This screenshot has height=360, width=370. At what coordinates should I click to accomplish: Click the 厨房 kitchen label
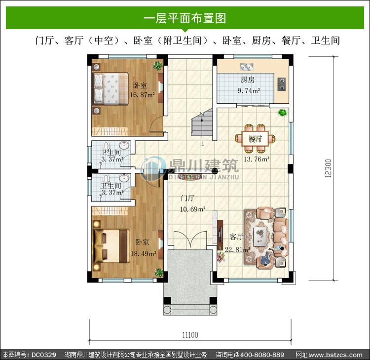point(248,80)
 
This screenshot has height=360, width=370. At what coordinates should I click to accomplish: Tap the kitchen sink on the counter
point(247,67)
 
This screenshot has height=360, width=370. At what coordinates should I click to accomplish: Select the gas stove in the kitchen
point(282,84)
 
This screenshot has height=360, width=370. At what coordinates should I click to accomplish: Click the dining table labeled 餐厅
point(255,139)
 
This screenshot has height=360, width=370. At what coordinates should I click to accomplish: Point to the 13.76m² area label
point(256,159)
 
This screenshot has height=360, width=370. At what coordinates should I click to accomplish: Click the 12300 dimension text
point(328,168)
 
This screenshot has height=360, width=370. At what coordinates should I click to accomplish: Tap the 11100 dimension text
point(190,335)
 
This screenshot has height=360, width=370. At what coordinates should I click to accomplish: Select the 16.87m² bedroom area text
point(142,95)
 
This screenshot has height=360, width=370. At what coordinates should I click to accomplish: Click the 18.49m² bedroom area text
point(143,254)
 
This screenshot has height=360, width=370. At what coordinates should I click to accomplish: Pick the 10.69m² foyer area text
point(192,209)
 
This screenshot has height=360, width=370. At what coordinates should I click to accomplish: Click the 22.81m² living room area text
point(237,249)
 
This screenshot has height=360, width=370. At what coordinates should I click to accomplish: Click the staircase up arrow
point(202,129)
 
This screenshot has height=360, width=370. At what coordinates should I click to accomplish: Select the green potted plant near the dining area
point(282,113)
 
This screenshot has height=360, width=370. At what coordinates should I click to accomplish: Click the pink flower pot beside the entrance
point(221,257)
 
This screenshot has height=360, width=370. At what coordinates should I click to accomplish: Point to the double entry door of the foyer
point(190,239)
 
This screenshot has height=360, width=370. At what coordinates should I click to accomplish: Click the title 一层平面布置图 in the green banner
point(185,18)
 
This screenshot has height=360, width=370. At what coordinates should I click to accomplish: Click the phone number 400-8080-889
point(262,355)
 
